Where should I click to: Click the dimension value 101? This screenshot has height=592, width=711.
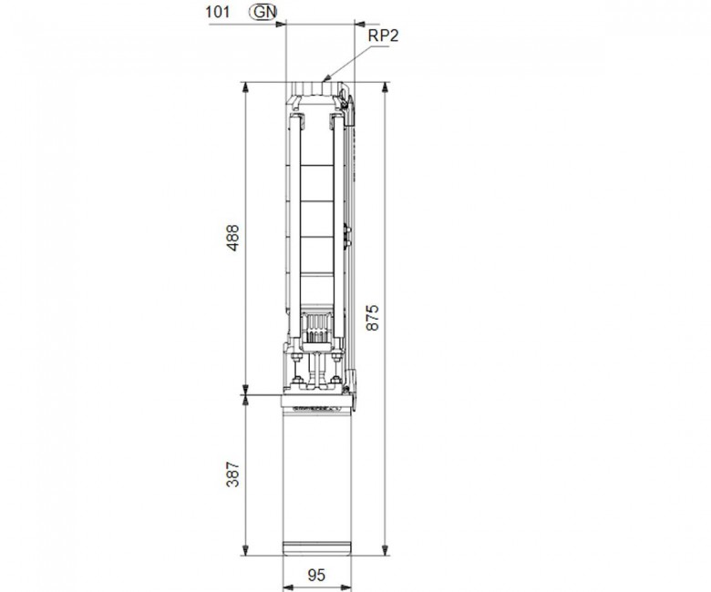click(x=218, y=12)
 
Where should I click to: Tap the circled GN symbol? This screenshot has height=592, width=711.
click(x=263, y=12)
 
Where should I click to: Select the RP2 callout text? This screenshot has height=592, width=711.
click(x=383, y=36)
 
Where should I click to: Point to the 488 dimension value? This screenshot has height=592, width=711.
click(x=232, y=238)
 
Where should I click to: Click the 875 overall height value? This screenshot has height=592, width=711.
click(x=372, y=318)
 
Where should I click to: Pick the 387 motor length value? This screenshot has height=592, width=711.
click(x=232, y=475)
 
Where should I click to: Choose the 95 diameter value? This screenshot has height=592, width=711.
click(x=316, y=575)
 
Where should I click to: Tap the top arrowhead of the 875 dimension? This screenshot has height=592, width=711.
click(x=386, y=87)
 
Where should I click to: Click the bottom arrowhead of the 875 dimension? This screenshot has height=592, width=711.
click(x=386, y=550)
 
